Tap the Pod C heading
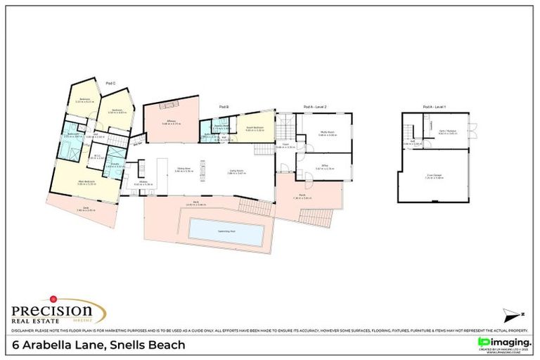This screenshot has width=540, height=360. coord(110,84)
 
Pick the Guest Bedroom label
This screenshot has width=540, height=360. coord(255,129)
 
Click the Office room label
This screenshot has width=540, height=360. coord(324,167)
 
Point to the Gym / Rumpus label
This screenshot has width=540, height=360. coord(448,131)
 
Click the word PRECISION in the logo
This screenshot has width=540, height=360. coord(53,310)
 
